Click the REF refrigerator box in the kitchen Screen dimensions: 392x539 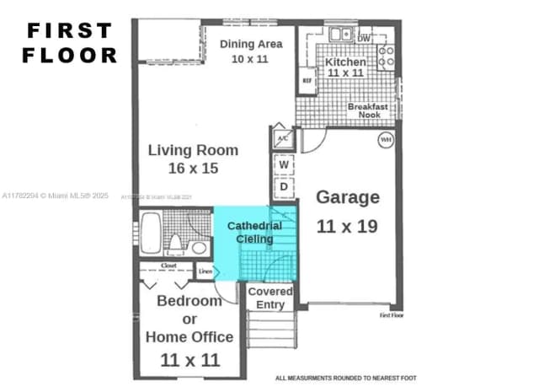pyautogui.click(x=307, y=81)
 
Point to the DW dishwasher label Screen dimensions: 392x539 pyautogui.click(x=363, y=39)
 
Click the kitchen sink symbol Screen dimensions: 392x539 pyautogui.click(x=341, y=35)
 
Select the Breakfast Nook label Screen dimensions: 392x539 pyautogui.click(x=368, y=111)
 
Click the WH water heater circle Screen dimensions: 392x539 pyautogui.click(x=386, y=140)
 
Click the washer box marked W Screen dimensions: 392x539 pyautogui.click(x=284, y=164)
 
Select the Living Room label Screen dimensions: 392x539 pyautogui.click(x=193, y=159)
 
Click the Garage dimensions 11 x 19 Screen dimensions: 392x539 pyautogui.click(x=347, y=227)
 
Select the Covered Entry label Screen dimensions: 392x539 pyautogui.click(x=270, y=298)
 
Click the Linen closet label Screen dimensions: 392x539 pyautogui.click(x=205, y=271)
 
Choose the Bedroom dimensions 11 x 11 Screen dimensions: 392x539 pyautogui.click(x=190, y=360)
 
